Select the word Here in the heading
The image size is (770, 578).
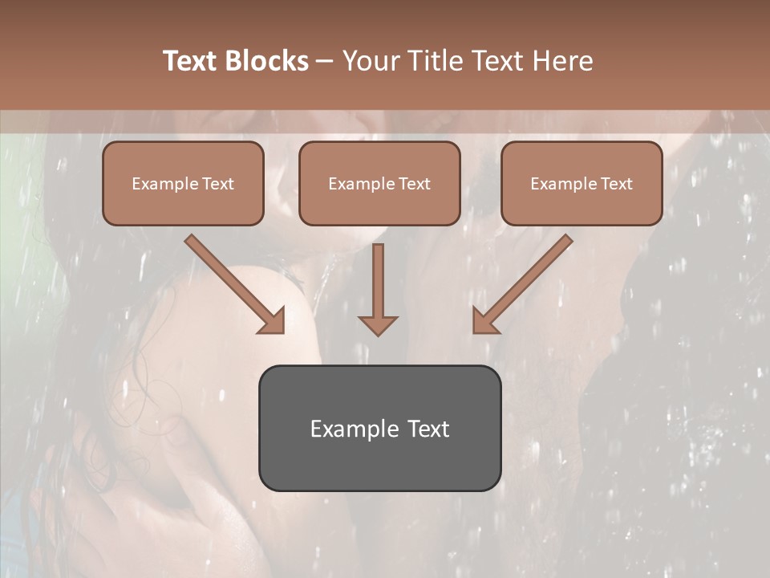coord(562,61)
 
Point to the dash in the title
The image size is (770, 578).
coord(325,62)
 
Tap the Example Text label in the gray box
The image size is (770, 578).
coord(379,429)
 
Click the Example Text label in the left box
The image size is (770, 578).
coord(183,184)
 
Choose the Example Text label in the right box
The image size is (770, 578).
coord(582,184)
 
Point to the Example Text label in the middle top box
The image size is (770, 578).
coord(379,184)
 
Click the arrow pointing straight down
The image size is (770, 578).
coord(378,281)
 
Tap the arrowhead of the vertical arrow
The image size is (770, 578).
coord(378,324)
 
